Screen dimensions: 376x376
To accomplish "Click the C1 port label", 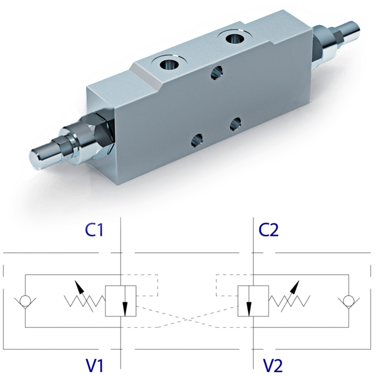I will coord(94,230).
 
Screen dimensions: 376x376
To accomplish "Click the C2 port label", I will coord(268,230).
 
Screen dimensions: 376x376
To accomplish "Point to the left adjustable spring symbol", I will coord(85,299).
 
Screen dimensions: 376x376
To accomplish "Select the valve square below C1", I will coord(120,301).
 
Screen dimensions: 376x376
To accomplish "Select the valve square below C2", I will coord(253,301).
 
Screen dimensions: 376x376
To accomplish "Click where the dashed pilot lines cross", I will coord(187,320).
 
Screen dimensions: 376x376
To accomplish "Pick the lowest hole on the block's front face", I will coord(196,141).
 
